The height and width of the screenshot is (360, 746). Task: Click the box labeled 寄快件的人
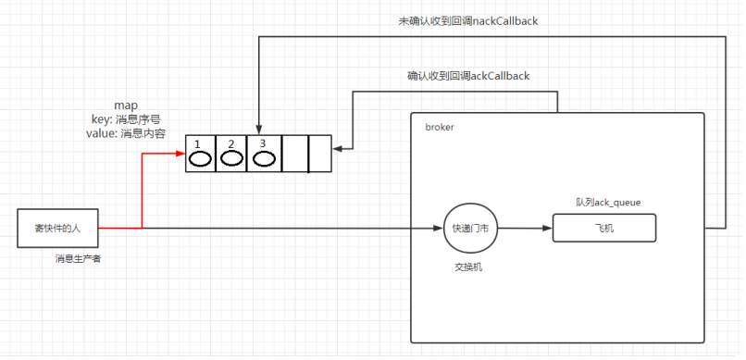click(x=58, y=228)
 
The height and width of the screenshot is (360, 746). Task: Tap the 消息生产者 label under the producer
click(x=78, y=259)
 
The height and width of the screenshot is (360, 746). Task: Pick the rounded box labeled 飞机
click(x=603, y=228)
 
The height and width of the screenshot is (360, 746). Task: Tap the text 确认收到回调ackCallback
click(x=467, y=75)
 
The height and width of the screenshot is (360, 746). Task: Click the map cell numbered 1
click(x=200, y=154)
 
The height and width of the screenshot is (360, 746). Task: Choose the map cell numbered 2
click(x=231, y=154)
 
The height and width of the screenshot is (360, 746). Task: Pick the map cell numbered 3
click(x=264, y=154)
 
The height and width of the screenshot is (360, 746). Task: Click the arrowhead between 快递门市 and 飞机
click(x=546, y=228)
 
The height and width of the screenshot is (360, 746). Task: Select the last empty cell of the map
click(x=318, y=154)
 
